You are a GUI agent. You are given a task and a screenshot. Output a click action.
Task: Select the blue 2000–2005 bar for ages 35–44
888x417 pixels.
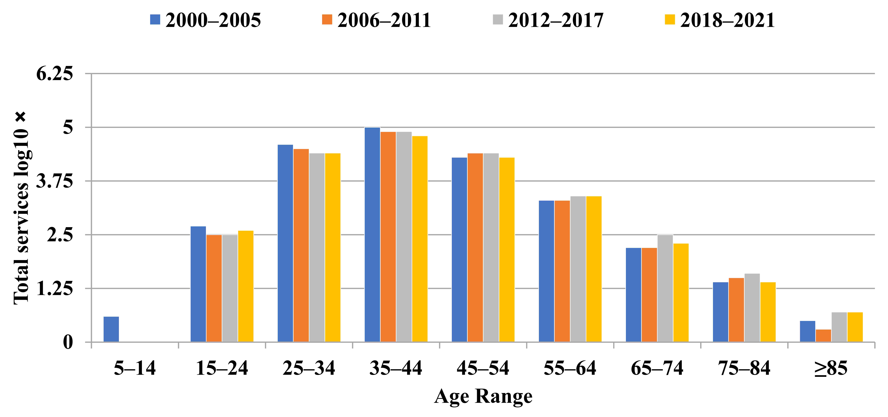coord(372,235)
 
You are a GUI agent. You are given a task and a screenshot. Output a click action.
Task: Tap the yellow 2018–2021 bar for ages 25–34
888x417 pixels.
coord(333,248)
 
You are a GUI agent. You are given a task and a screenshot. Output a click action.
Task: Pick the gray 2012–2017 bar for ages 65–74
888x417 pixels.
coord(665,288)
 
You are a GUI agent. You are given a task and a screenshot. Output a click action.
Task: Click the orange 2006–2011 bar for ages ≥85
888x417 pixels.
coord(823,336)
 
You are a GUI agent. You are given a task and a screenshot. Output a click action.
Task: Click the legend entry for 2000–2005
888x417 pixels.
coord(205,20)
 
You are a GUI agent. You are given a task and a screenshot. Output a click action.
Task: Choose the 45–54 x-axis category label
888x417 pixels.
coord(483,368)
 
